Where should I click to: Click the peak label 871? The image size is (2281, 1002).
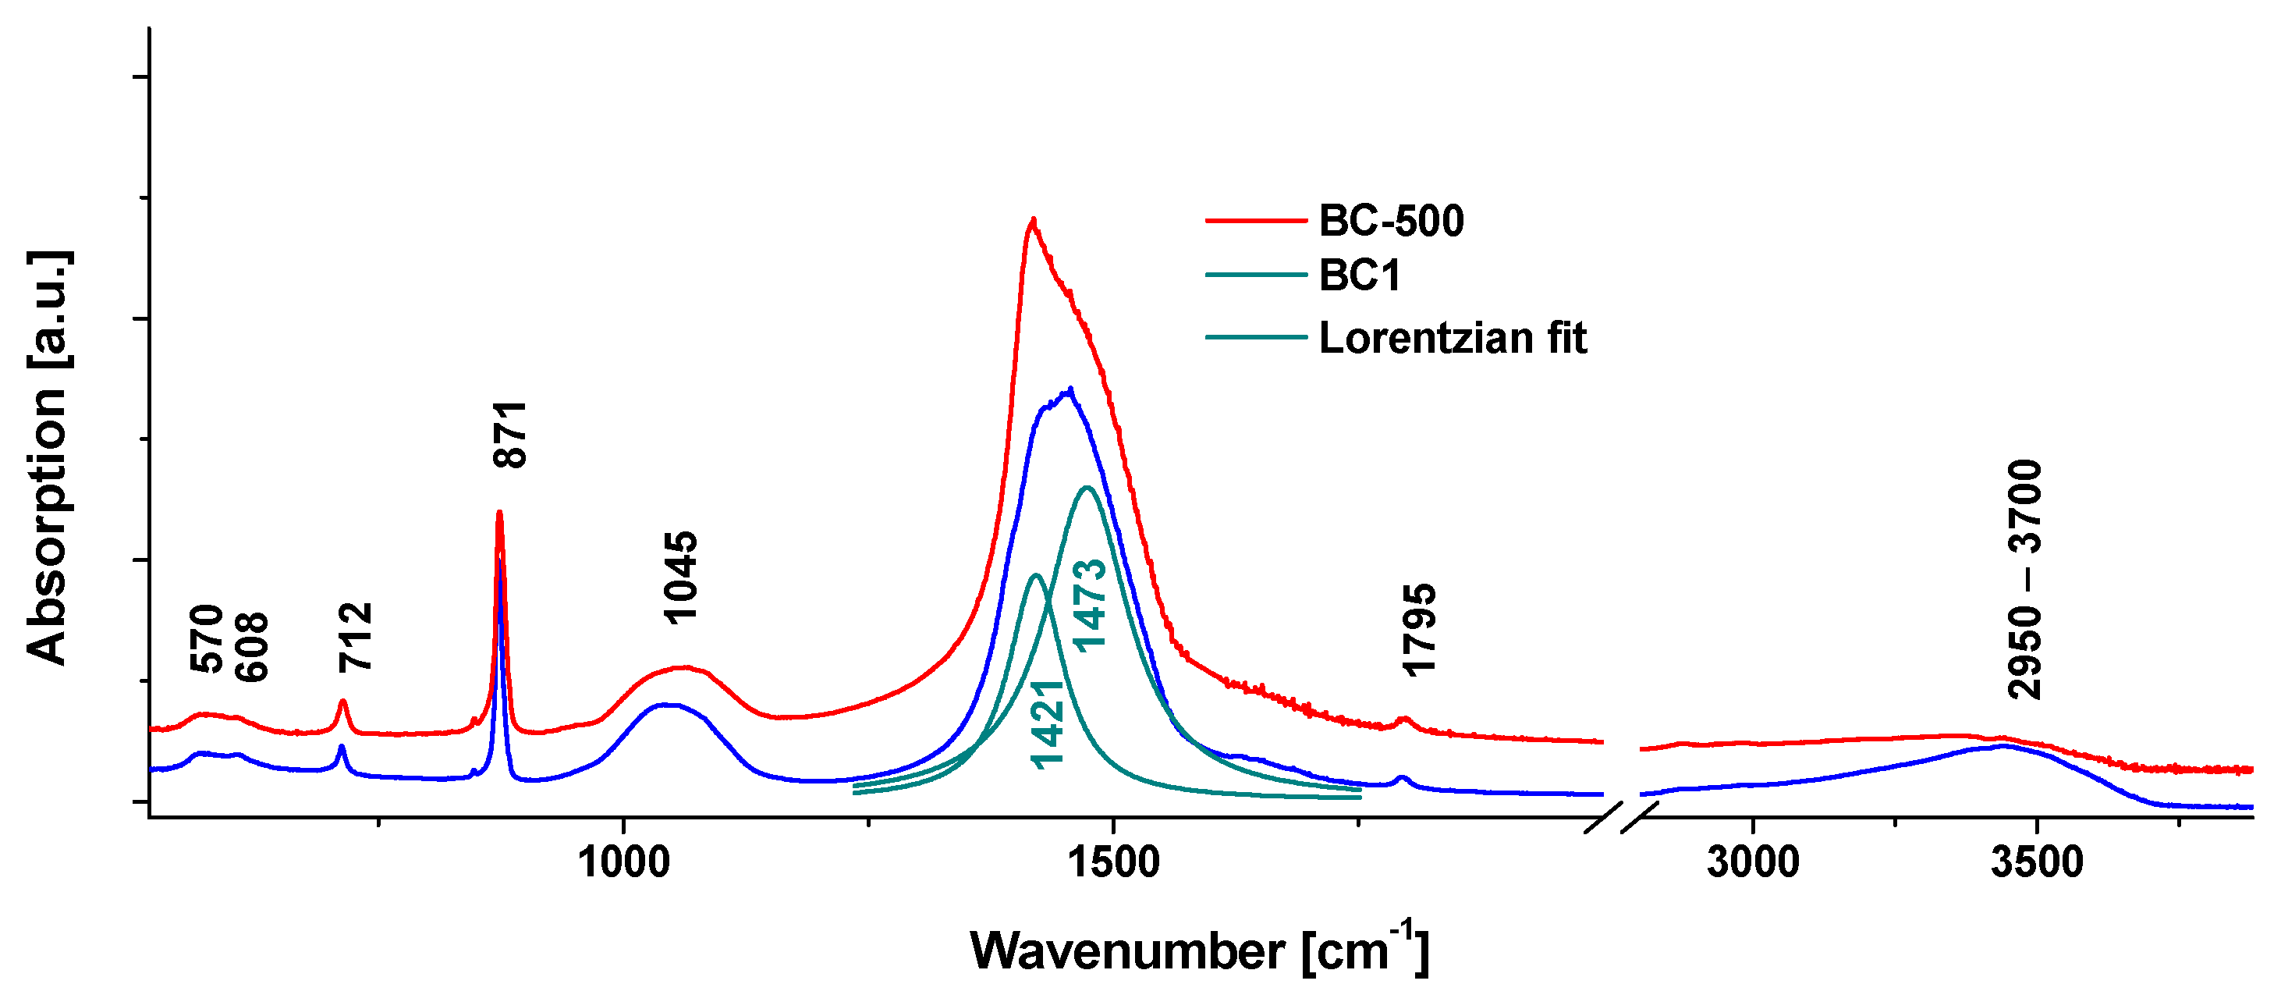(x=511, y=434)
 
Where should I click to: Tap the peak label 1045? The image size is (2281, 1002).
(x=681, y=577)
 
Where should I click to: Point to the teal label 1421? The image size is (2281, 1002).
(x=1048, y=724)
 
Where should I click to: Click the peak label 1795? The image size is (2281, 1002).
(x=1420, y=630)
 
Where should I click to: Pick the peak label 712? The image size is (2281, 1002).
(x=356, y=637)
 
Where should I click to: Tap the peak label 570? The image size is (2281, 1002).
(x=208, y=638)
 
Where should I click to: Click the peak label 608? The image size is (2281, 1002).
(x=251, y=647)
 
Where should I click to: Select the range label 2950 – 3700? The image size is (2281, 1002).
(x=2025, y=579)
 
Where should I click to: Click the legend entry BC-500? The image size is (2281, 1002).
(x=1391, y=221)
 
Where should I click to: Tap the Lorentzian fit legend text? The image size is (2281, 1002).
(x=1453, y=339)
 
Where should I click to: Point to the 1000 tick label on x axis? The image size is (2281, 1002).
(x=623, y=863)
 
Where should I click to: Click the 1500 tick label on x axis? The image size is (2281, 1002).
(x=1113, y=863)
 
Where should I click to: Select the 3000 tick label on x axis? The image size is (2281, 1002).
(x=1752, y=863)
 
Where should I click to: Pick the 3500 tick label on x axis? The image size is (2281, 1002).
(x=2037, y=863)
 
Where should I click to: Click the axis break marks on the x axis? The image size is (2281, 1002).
(x=1620, y=817)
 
